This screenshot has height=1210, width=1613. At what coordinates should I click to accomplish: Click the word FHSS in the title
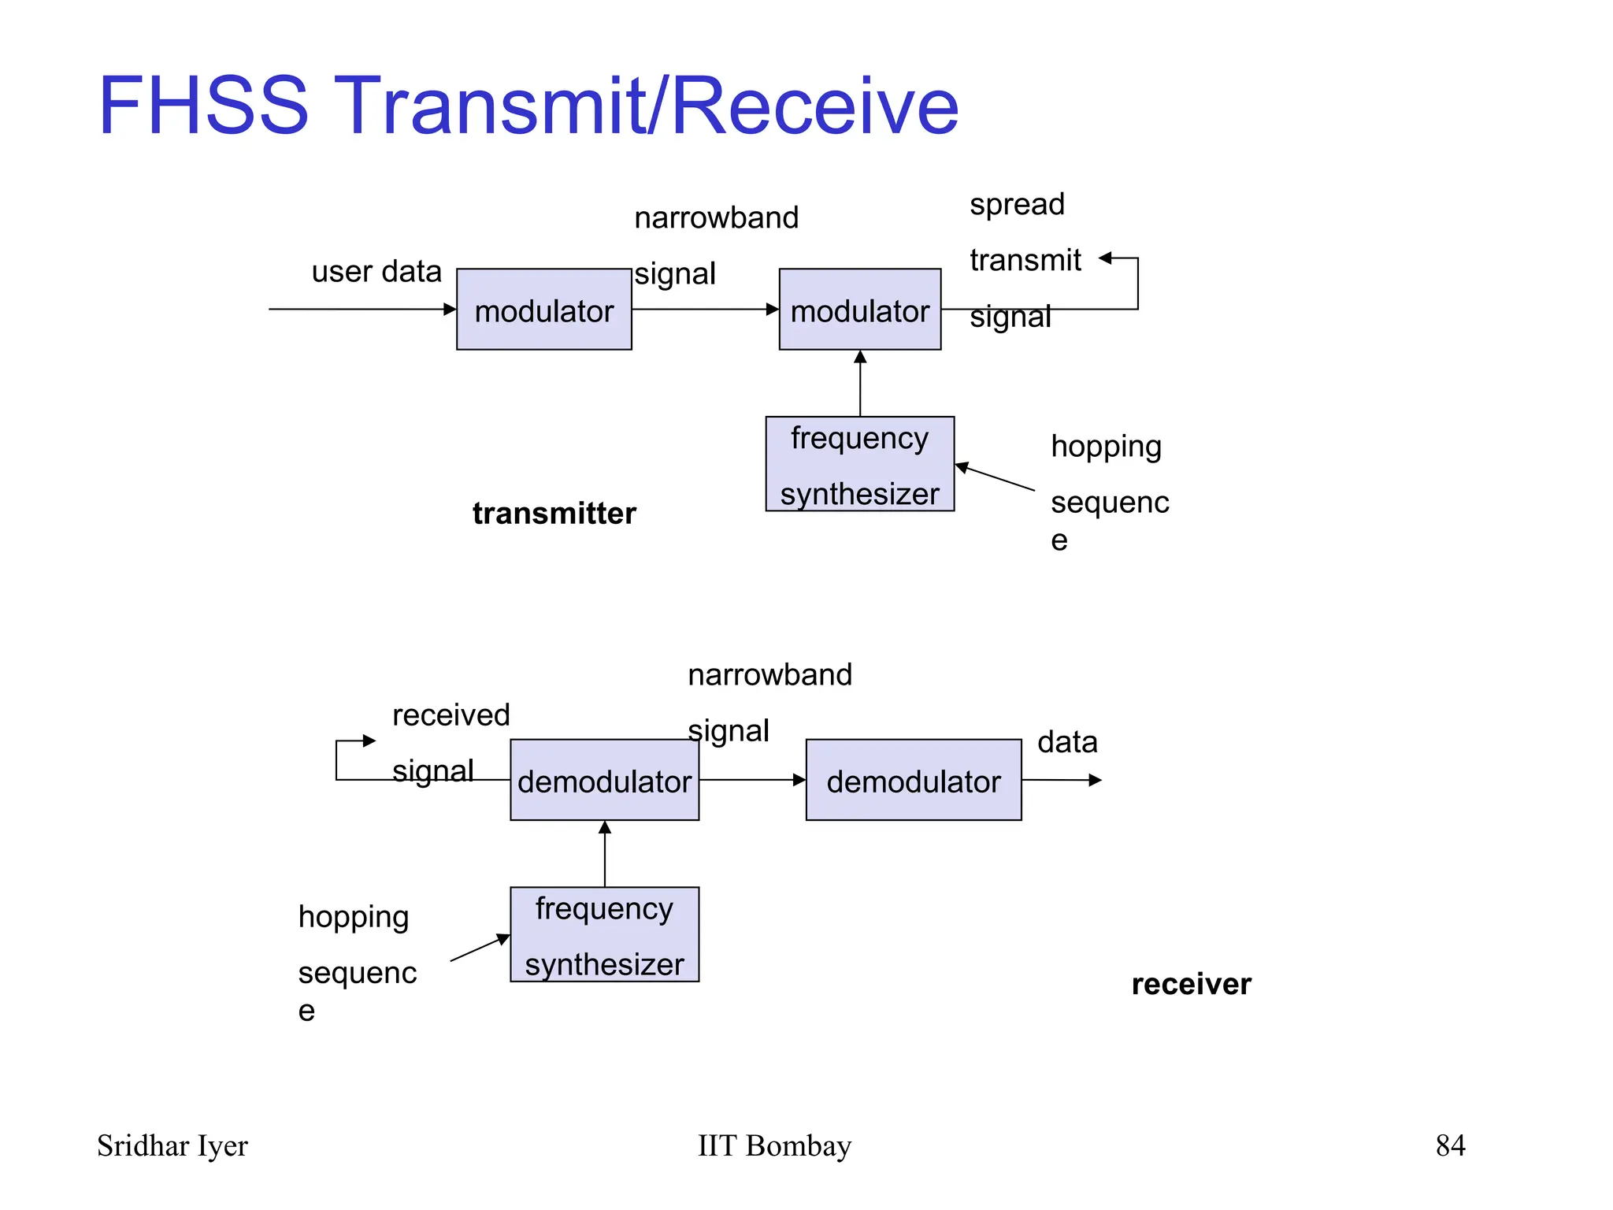[202, 106]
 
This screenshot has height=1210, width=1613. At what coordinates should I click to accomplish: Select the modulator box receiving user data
[543, 310]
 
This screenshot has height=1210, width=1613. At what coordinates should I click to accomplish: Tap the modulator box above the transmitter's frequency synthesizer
[859, 310]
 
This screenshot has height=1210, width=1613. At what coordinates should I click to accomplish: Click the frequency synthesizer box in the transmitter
[859, 464]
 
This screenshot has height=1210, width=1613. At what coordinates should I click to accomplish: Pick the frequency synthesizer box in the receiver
[604, 934]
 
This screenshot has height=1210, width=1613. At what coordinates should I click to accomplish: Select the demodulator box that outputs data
[914, 780]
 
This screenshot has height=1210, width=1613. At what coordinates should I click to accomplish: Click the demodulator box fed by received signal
[604, 780]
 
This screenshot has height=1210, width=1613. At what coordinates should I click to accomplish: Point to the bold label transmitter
[554, 514]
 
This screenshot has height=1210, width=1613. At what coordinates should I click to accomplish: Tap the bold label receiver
[1191, 984]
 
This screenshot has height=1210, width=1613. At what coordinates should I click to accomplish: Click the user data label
[376, 272]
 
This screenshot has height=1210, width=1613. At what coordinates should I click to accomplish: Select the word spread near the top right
[1017, 204]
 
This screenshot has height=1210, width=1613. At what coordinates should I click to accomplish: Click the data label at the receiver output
[1067, 742]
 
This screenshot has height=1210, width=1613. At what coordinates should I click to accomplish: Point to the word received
[451, 715]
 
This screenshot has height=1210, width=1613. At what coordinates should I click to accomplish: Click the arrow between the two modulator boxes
[705, 309]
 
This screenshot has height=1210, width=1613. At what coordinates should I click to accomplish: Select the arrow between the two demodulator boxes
[752, 780]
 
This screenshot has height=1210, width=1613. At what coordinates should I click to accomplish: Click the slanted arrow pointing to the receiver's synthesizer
[480, 948]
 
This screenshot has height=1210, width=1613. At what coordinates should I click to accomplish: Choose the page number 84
[1450, 1145]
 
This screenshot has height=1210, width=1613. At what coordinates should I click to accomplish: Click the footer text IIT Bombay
[774, 1145]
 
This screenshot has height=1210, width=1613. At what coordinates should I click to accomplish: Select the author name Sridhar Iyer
[172, 1145]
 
